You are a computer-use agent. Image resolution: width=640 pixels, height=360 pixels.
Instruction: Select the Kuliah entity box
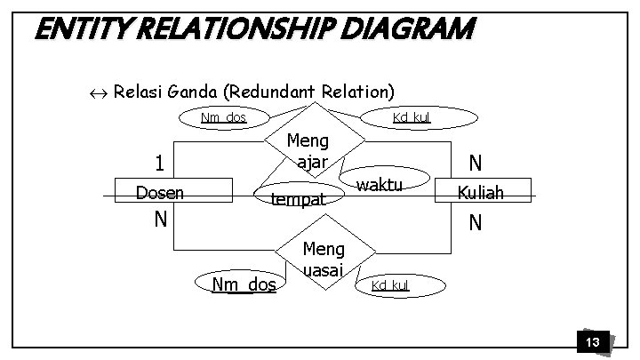pos(481,192)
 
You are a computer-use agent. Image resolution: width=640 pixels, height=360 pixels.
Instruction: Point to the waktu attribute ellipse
pos(379,185)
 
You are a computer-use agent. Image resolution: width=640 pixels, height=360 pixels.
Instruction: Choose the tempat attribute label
pos(299,199)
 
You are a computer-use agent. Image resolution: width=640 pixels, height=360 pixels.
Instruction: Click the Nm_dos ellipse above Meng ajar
pos(223,117)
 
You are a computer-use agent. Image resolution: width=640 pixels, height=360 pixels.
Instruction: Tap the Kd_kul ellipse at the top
pos(412,117)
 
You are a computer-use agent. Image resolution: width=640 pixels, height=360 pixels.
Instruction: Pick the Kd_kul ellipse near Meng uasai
pos(390,284)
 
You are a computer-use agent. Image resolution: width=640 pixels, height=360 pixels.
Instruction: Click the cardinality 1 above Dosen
pos(159,164)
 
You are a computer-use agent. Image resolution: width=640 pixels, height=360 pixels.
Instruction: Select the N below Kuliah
pos(476,221)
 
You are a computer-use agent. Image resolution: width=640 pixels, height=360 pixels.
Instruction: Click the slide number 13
pos(591,342)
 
